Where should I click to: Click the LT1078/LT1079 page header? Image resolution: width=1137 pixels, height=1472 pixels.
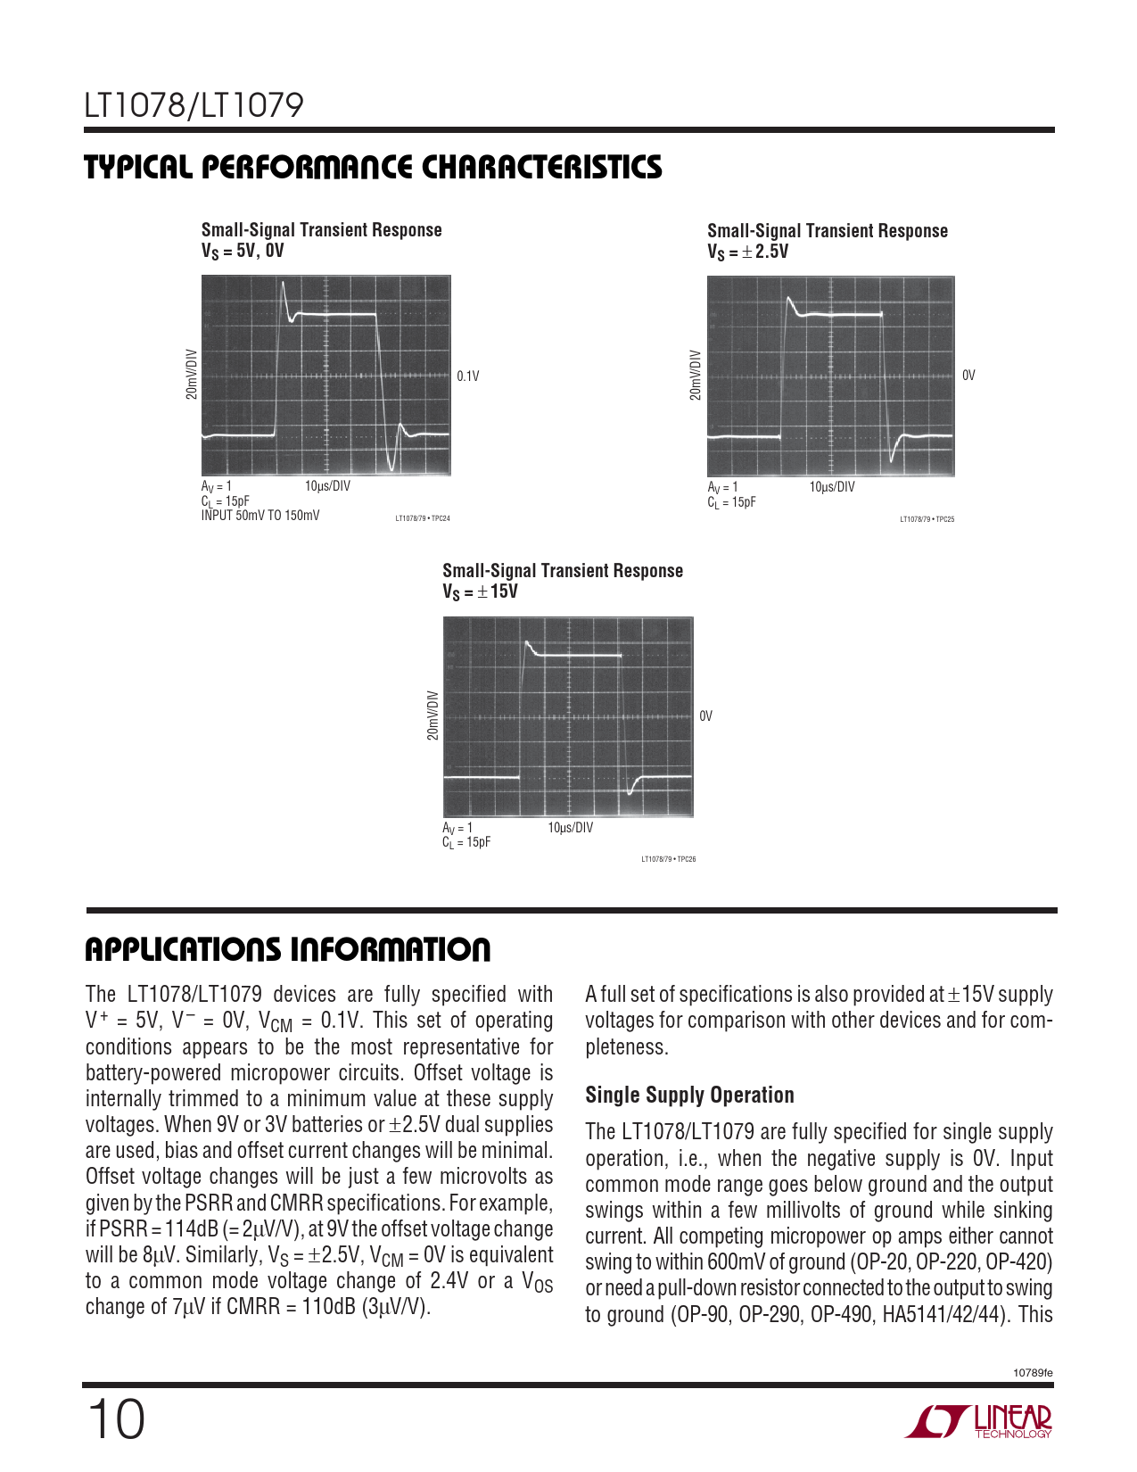(194, 106)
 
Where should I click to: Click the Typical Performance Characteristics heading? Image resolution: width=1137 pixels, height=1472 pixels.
(373, 168)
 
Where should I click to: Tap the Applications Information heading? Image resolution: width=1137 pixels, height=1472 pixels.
(287, 950)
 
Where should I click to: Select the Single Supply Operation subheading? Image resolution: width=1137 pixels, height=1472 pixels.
(689, 1096)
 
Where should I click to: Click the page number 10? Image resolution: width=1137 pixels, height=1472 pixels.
(116, 1419)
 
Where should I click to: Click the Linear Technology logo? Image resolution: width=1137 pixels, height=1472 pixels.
(979, 1421)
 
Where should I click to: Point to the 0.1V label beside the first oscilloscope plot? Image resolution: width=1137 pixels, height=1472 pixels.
(468, 376)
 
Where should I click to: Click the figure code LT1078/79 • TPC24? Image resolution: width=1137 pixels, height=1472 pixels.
(423, 518)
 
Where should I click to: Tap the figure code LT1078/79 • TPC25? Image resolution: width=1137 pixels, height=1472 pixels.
(927, 519)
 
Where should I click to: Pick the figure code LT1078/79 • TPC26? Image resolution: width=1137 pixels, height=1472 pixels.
(668, 859)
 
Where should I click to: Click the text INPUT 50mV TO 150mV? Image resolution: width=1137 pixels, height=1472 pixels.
(260, 516)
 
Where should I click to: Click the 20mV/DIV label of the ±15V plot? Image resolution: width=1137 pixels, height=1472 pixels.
(433, 715)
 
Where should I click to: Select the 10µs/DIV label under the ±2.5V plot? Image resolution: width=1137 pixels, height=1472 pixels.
(832, 487)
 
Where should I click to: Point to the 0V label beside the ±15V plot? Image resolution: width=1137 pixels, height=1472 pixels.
(705, 716)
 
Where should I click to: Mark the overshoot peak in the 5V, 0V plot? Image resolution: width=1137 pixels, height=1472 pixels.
(284, 285)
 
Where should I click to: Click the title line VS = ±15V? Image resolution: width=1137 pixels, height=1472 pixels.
(480, 591)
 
